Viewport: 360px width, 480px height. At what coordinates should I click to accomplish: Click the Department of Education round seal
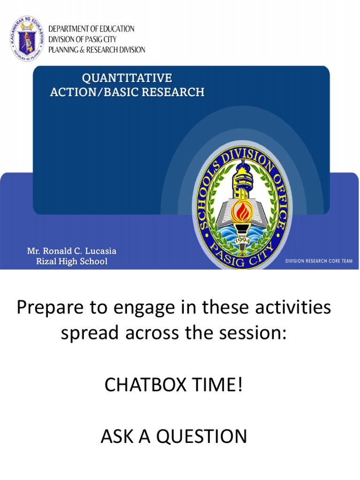click(27, 39)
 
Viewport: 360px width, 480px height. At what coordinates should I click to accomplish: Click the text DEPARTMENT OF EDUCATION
click(95, 29)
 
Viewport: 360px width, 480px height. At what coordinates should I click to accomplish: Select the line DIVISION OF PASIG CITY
click(85, 39)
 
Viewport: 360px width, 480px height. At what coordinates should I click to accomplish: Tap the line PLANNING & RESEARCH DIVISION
click(100, 50)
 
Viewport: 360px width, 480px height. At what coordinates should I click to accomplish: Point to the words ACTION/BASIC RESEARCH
click(127, 92)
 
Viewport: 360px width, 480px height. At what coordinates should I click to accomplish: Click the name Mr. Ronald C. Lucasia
click(72, 251)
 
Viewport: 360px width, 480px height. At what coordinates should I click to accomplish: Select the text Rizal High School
click(72, 262)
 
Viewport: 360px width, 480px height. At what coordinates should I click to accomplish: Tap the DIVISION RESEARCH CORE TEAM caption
click(319, 261)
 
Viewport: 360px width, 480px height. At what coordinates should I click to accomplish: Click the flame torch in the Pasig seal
click(241, 211)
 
